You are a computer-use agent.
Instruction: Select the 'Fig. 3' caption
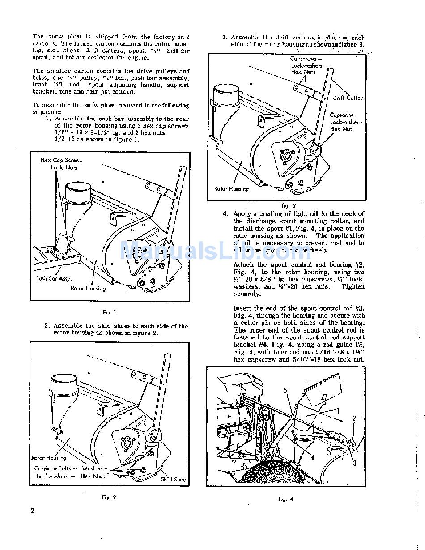point(285,206)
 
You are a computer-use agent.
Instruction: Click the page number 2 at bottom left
point(32,511)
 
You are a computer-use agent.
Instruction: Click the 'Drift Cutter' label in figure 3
point(348,98)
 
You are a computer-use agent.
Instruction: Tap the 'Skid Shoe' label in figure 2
point(173,479)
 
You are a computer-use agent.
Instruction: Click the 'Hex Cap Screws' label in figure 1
point(61,160)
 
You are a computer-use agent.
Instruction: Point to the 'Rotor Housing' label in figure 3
point(231,189)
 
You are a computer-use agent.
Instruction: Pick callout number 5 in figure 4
point(285,390)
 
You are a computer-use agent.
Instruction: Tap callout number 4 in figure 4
point(311,457)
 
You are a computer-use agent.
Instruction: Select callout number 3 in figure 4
point(354,463)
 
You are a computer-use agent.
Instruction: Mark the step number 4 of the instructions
point(225,214)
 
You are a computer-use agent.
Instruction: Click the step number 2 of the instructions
point(47,326)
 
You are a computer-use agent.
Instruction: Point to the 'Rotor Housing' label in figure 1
point(88,288)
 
